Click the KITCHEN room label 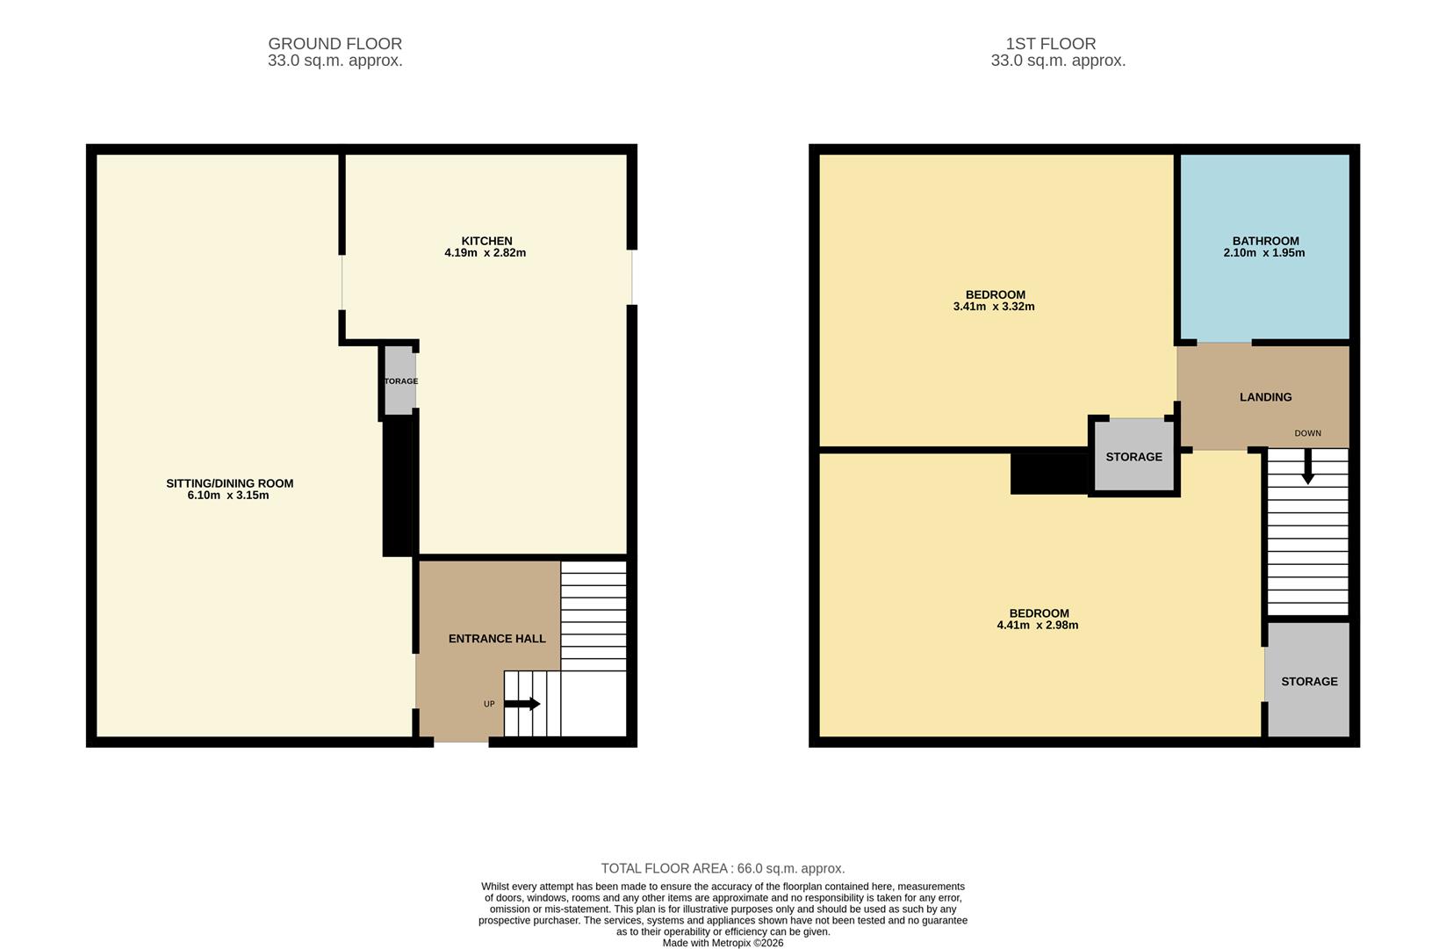(486, 241)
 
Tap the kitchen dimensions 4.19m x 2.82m (485, 253)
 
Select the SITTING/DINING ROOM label (229, 483)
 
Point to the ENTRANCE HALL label (497, 639)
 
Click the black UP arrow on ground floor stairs (522, 704)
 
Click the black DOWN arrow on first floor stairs (1307, 467)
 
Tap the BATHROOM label (1264, 241)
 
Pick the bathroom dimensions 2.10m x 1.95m (1263, 253)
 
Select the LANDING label (1265, 397)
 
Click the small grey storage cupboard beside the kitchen (399, 380)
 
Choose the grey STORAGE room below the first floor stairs (1308, 681)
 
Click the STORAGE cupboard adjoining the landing (1133, 457)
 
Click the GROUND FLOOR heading (335, 44)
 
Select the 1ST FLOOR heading (1050, 44)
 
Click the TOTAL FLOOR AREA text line (723, 868)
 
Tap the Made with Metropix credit (723, 943)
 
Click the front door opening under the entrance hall (461, 742)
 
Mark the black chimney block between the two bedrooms (1049, 471)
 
